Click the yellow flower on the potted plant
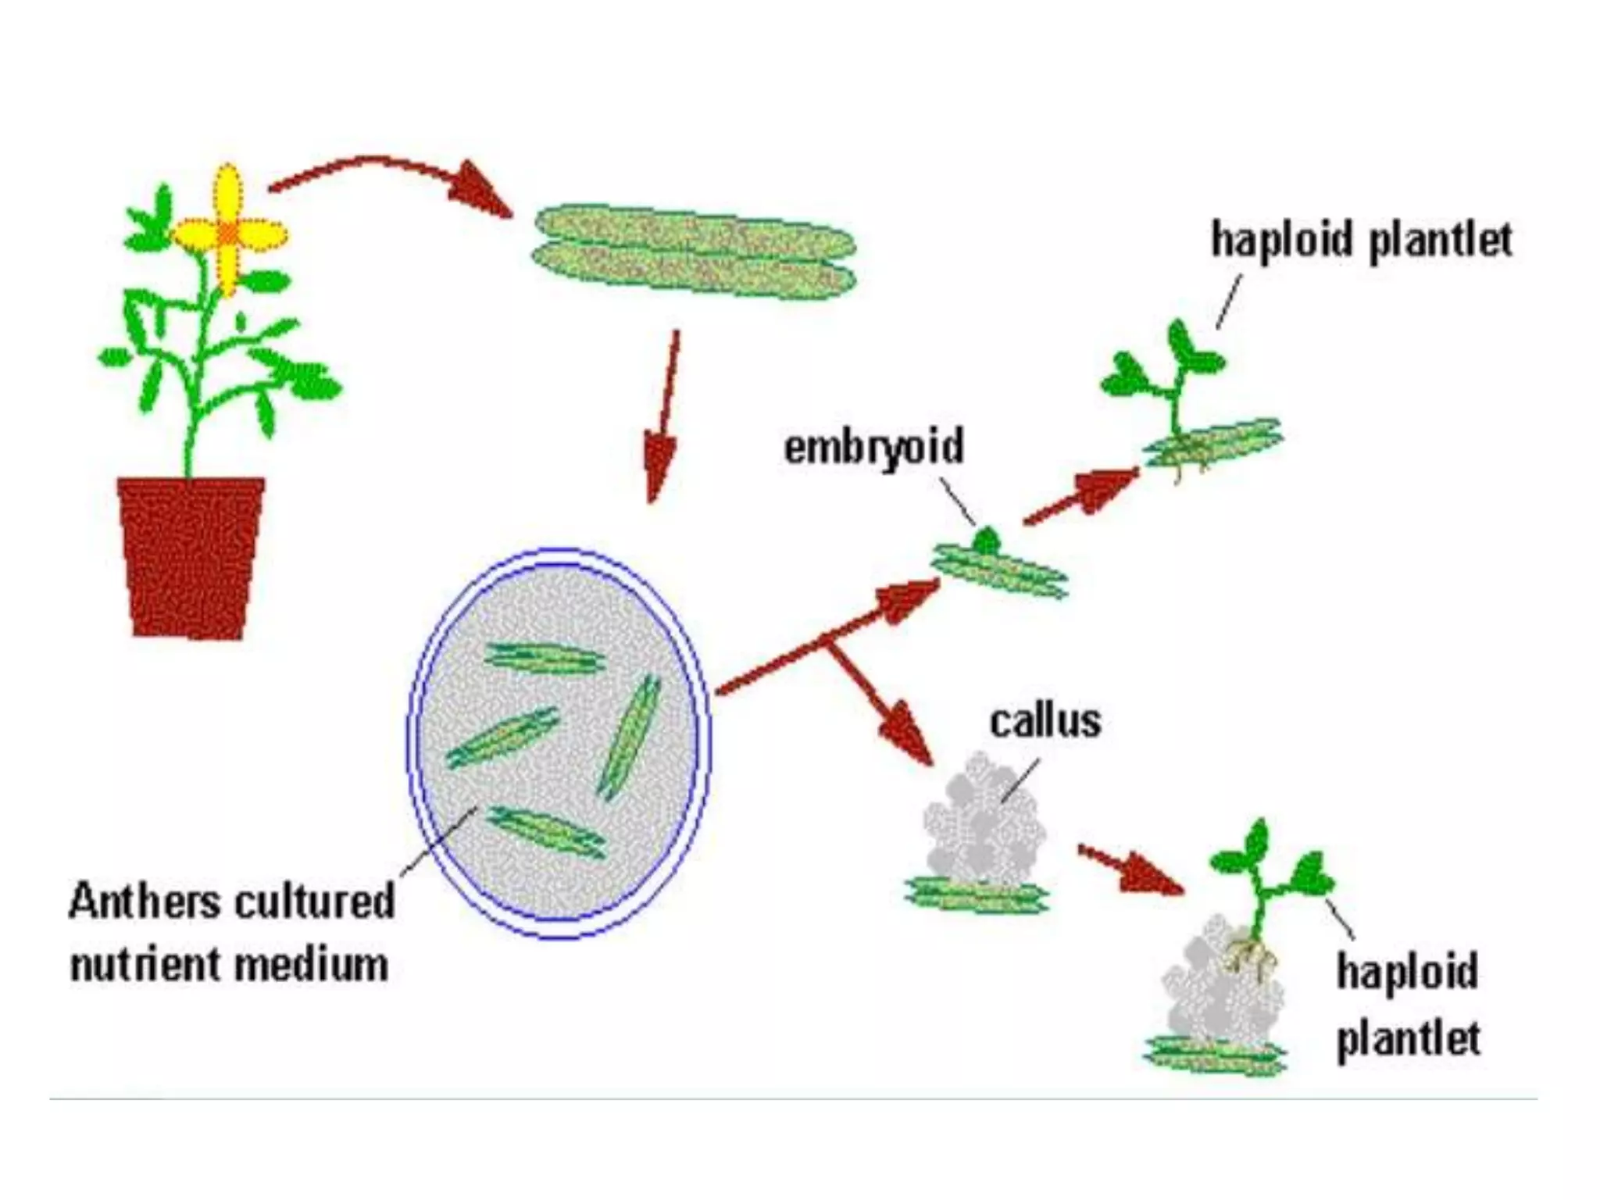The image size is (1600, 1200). coord(227,231)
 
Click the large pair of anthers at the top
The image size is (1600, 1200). coord(694,251)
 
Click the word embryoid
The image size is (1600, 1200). coord(873,448)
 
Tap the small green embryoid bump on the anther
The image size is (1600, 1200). coord(986,540)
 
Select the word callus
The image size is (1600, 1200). coord(1045,722)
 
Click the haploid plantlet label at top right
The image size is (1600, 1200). coord(1361,240)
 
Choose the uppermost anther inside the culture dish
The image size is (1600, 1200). coord(545,659)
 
